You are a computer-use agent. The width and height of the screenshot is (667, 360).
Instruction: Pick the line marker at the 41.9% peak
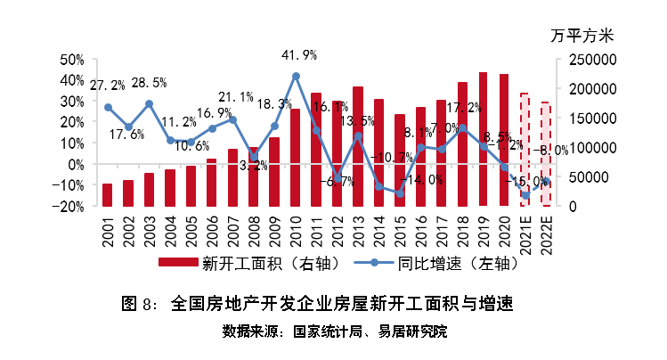click(x=296, y=77)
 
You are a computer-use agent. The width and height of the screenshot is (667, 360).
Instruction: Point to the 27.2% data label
click(x=108, y=86)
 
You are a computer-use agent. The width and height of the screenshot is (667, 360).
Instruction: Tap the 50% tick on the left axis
click(x=71, y=60)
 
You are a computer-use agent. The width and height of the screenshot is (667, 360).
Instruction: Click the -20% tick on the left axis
click(x=69, y=206)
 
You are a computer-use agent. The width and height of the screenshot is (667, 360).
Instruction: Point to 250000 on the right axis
click(x=587, y=60)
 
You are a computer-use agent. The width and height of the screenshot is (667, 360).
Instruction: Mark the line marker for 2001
click(x=108, y=107)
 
